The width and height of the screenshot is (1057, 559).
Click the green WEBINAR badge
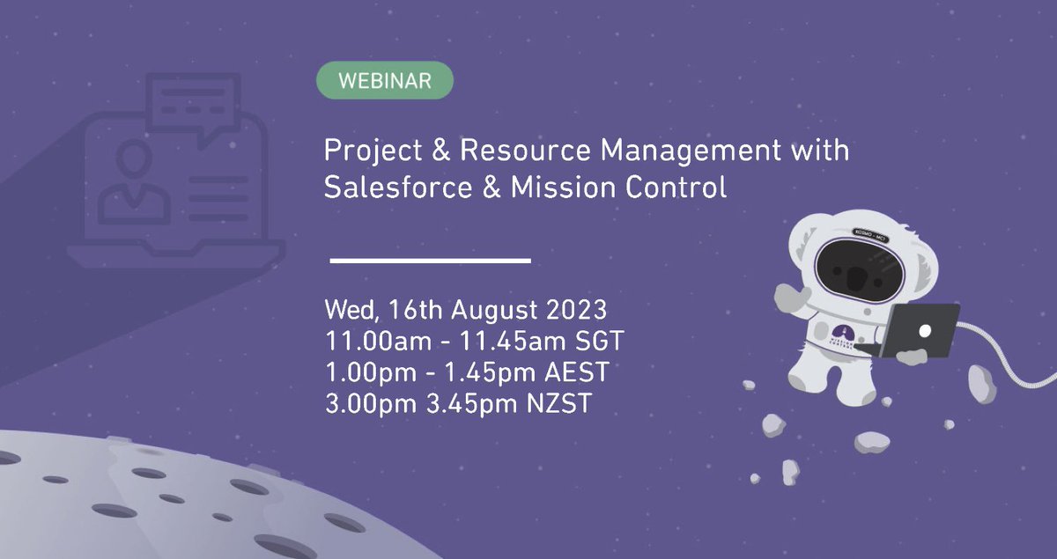(385, 81)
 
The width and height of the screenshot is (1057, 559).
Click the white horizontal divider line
(430, 261)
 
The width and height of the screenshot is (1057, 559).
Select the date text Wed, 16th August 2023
(465, 311)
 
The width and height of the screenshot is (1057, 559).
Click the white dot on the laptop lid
(924, 330)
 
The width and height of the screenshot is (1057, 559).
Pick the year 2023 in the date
(576, 311)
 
